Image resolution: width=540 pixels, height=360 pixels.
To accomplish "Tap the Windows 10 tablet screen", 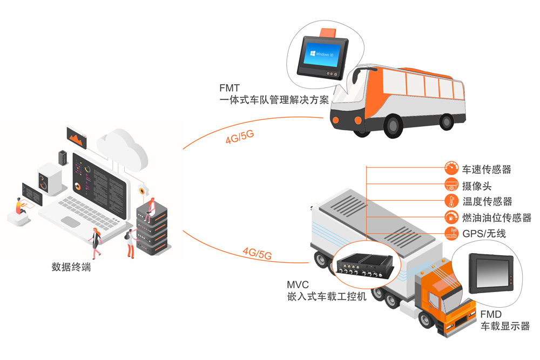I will tap(322, 54).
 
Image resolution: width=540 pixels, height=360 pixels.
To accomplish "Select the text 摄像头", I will tap(477, 186).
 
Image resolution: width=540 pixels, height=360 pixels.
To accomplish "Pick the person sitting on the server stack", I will tap(150, 208).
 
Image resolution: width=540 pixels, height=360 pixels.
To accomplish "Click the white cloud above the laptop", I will tap(122, 146).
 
